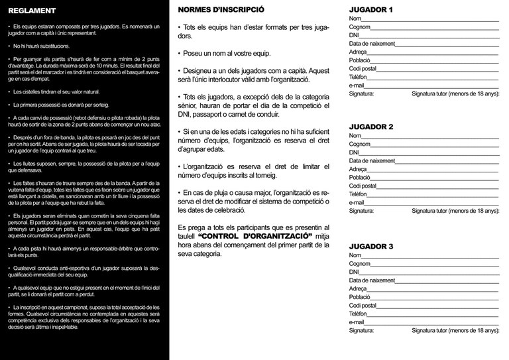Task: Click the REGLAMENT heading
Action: pos(32,11)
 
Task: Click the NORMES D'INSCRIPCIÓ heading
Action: pos(221,11)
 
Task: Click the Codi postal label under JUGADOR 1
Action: pos(363,68)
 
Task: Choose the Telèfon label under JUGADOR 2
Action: pos(358,194)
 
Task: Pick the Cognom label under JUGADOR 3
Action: pos(360,263)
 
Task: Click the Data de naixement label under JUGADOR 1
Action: pos(372,44)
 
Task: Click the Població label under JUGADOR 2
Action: pos(360,178)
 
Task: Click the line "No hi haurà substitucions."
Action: pos(41,47)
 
